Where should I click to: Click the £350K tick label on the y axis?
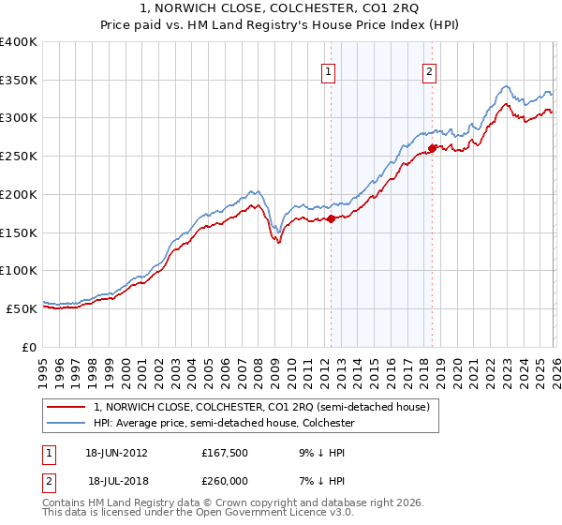pos(19,81)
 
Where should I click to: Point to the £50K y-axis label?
pos(22,308)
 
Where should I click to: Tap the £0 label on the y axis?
pos(29,347)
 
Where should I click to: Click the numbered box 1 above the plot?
pos(330,71)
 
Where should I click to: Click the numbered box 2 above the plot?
pos(429,71)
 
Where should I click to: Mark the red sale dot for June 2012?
pos(331,219)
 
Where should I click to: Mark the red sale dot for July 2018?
pos(431,148)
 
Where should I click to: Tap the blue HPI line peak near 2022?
pos(506,86)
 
